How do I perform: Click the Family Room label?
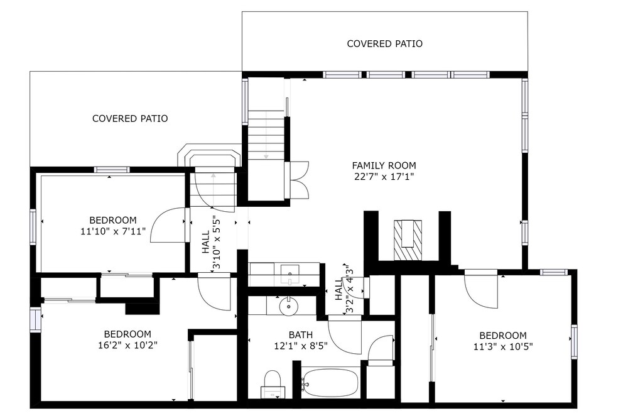click(384, 165)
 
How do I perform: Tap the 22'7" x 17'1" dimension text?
click(384, 177)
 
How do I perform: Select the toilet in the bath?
click(273, 384)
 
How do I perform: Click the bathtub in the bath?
click(330, 382)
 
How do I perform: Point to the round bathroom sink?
click(288, 307)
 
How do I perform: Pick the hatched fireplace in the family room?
click(408, 240)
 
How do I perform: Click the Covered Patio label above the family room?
click(384, 43)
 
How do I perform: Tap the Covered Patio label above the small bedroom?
click(130, 118)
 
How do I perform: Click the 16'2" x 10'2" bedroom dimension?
click(127, 345)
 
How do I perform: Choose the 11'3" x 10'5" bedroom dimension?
click(503, 346)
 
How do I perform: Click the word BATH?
click(301, 334)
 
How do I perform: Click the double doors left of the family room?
click(297, 180)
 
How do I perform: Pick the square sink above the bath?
click(290, 274)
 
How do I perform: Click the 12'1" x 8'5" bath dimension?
click(301, 346)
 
